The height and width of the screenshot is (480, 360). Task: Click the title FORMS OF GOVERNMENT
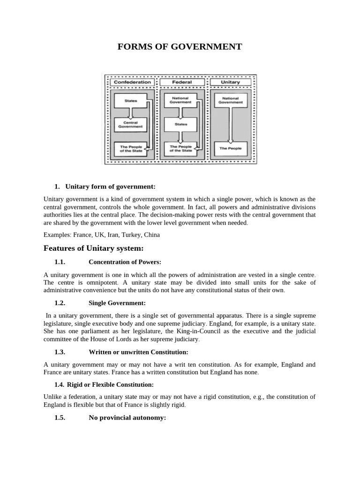[x=180, y=46]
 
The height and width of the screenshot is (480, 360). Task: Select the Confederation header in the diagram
[x=132, y=82]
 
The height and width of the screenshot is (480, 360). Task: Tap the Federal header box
[x=181, y=82]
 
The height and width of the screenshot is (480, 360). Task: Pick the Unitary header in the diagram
[x=230, y=82]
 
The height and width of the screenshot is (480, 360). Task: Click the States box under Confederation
[x=131, y=100]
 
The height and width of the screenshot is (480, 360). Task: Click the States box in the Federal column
[x=180, y=124]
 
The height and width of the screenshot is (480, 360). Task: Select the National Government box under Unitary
[x=230, y=100]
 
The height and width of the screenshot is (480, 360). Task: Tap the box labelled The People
[x=230, y=148]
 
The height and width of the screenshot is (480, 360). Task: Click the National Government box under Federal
[x=180, y=100]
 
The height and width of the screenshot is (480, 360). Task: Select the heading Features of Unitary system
[x=93, y=247]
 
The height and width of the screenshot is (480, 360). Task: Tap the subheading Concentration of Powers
[x=125, y=262]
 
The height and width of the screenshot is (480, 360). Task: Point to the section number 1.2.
[x=60, y=303]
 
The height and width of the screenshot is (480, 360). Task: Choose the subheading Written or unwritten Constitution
[x=138, y=352]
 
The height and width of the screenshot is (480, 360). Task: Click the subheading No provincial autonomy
[x=127, y=417]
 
